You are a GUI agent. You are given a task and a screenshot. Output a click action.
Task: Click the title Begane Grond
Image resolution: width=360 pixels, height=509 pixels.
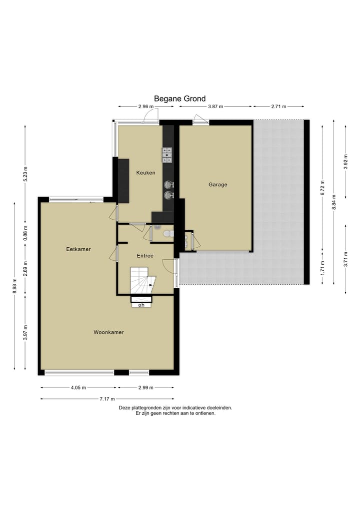[x=179, y=99]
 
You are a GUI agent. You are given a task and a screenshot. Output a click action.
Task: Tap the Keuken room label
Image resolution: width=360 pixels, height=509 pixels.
[x=145, y=173]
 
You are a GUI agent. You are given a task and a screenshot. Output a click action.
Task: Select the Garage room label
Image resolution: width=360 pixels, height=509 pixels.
[x=218, y=185]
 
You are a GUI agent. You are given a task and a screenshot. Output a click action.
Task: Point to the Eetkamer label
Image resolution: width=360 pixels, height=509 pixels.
[x=78, y=249]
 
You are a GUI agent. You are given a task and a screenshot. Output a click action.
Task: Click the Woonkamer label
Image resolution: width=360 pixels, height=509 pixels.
[x=108, y=332]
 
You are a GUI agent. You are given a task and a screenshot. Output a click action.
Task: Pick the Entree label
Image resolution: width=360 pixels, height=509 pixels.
[x=145, y=256]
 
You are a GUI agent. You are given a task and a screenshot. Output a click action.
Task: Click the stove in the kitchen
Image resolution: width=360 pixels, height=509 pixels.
[x=167, y=155]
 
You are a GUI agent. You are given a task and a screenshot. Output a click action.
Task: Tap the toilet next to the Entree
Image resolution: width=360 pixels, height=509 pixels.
[x=168, y=233]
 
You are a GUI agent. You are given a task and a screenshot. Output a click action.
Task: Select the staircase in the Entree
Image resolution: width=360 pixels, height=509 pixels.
[x=142, y=281]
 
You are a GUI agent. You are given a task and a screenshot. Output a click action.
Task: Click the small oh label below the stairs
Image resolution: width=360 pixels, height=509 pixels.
[x=141, y=305]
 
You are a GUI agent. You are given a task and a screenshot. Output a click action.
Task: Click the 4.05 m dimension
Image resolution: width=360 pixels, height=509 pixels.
[x=78, y=387]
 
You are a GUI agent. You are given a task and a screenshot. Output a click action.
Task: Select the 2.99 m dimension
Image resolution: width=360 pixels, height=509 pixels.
[x=146, y=387]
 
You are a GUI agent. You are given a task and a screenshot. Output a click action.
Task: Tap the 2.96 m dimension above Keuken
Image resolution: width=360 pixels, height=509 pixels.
[x=146, y=107]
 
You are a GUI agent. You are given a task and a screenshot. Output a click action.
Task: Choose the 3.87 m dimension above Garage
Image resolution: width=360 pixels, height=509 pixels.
[x=215, y=107]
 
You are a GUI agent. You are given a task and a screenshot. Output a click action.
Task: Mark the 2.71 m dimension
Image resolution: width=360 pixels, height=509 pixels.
[x=279, y=107]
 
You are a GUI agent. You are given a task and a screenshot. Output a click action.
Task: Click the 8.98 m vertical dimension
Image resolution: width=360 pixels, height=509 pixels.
[x=14, y=286]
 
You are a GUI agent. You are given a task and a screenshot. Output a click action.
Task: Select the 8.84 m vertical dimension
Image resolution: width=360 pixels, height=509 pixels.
[x=334, y=202]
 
